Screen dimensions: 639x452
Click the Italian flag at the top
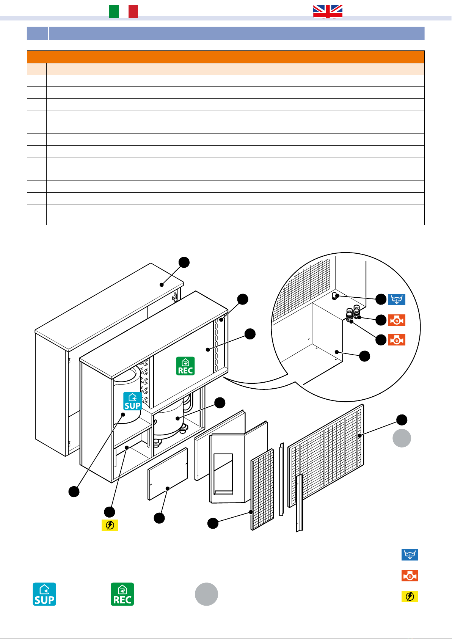point(124,12)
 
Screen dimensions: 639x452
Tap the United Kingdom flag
point(328,12)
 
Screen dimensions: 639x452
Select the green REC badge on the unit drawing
point(185,366)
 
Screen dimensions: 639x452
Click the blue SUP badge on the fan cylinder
point(132,401)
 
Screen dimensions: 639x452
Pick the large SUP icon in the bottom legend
point(44,594)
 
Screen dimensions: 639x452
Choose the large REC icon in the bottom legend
point(122,594)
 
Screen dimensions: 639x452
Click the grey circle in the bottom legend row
point(206,594)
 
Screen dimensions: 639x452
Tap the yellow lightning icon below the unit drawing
point(110,525)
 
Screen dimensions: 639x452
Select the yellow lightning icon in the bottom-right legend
point(410,597)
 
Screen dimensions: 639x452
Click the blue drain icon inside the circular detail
point(397,300)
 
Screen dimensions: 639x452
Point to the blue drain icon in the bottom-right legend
point(410,555)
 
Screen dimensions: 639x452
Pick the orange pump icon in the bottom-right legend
point(410,576)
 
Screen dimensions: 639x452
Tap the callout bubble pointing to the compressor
point(220,403)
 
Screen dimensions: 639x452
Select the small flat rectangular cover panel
point(168,474)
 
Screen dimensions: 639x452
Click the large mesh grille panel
point(326,455)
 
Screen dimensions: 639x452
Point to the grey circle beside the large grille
point(402,438)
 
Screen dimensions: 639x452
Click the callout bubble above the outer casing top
point(184,262)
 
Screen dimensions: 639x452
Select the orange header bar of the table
point(226,57)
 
